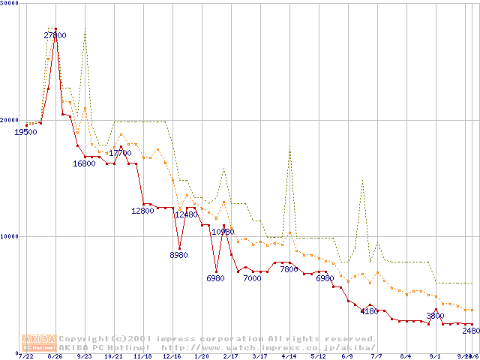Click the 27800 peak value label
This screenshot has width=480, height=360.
(55, 35)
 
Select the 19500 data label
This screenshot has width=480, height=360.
(25, 132)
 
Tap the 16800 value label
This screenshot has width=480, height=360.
(84, 163)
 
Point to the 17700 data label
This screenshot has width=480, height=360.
(120, 153)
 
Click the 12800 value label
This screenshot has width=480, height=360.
(142, 211)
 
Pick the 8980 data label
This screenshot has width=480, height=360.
(178, 255)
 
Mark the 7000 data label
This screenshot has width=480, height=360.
(252, 278)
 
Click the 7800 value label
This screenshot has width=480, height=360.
(289, 269)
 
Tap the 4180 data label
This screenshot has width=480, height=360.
(368, 310)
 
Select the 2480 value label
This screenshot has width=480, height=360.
(470, 331)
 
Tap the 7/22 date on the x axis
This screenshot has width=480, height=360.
(26, 356)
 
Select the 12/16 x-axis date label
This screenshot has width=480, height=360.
(172, 356)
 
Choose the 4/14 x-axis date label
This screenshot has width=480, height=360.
(289, 356)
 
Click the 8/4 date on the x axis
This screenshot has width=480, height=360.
(406, 356)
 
